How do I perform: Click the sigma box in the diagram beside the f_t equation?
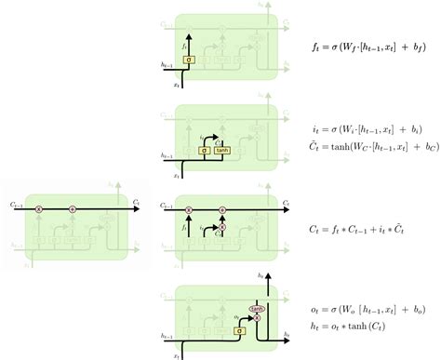coord(189,60)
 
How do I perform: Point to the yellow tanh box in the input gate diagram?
coord(221,148)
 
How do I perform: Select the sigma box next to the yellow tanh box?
coord(203,148)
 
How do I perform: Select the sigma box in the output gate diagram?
coord(239,329)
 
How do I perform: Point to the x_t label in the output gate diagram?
coord(175,354)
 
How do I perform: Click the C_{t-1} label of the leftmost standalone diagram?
coord(15,204)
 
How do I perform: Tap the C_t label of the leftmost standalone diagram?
coord(138,204)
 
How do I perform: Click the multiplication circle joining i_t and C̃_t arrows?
coord(221,228)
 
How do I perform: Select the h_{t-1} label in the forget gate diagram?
coord(167,64)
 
